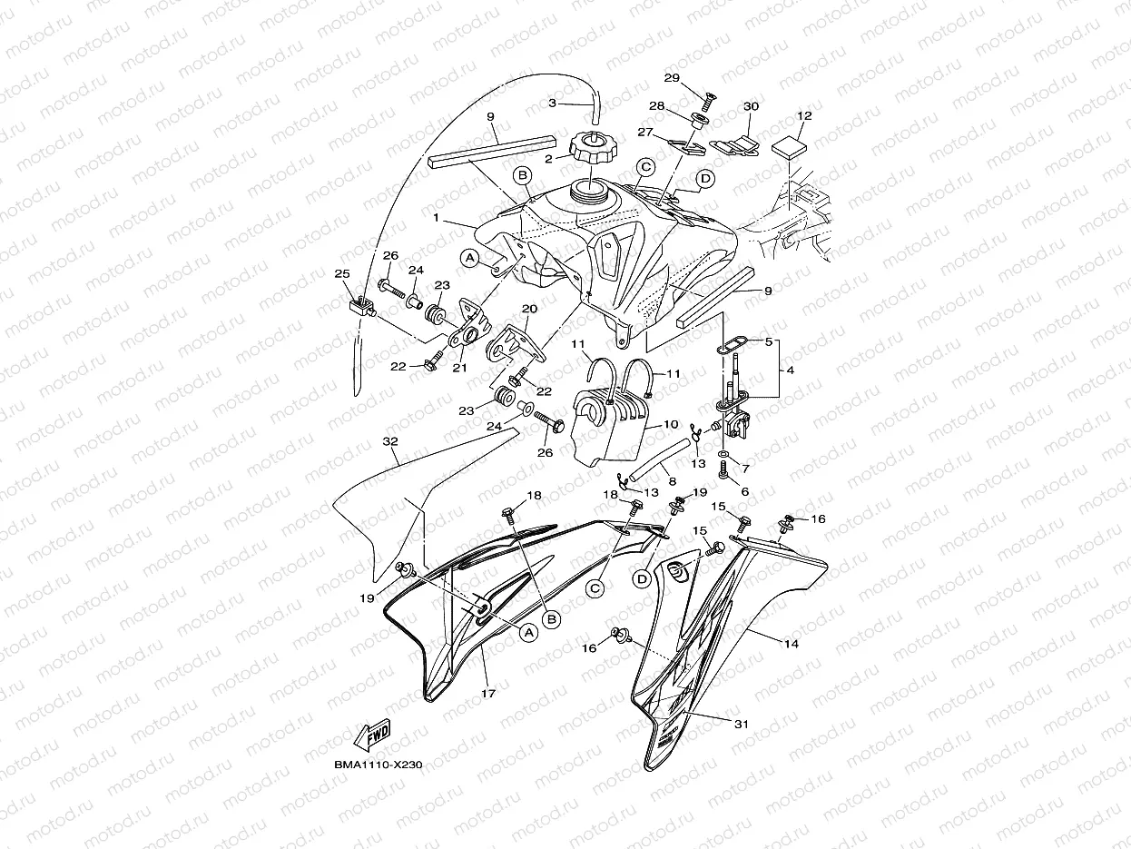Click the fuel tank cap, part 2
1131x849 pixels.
point(591,147)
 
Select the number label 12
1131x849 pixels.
point(804,116)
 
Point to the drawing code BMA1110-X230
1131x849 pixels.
point(378,766)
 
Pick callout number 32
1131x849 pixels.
point(390,441)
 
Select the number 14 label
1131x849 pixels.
point(791,643)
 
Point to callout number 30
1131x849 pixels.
point(751,106)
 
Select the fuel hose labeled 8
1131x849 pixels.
point(662,458)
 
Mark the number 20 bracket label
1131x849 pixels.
point(529,309)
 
